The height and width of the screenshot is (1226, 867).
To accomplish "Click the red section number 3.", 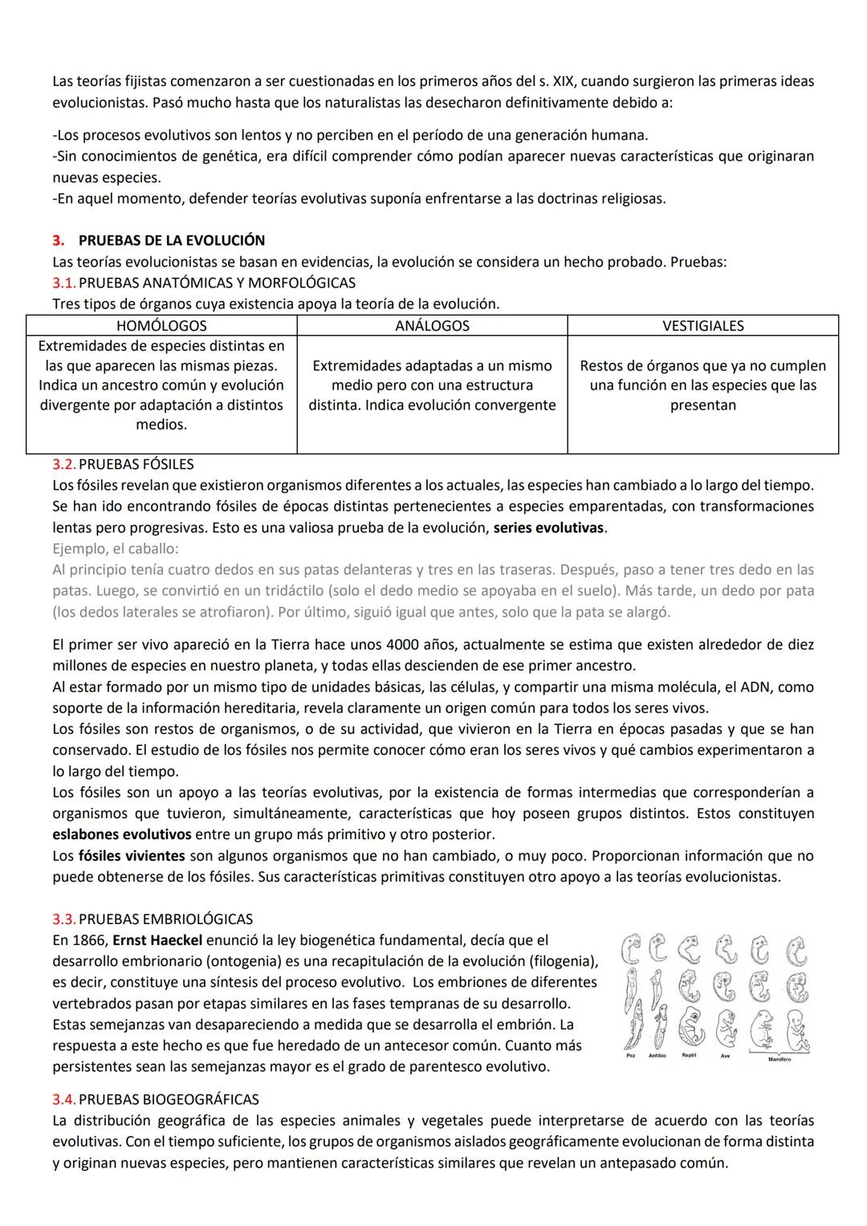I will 57,240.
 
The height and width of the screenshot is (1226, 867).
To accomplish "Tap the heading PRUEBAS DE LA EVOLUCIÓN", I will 171,240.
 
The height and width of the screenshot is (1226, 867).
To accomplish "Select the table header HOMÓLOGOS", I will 161,326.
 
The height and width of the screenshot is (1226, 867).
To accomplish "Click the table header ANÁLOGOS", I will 432,326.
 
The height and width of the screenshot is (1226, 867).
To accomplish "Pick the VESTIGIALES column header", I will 702,326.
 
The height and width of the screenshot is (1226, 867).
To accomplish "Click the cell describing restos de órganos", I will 702,385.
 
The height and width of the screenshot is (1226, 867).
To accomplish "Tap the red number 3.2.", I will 63,464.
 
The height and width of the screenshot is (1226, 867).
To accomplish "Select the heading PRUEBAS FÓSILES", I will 136,464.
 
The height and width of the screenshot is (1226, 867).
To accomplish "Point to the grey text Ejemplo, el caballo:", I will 116,548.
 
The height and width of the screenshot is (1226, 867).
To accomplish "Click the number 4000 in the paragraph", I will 404,645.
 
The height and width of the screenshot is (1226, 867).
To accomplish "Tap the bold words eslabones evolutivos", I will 122,834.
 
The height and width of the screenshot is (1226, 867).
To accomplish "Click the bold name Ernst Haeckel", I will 157,940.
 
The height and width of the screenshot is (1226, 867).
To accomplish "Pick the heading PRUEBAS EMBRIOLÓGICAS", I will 166,918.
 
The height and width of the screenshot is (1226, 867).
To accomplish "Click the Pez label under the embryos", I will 631,1055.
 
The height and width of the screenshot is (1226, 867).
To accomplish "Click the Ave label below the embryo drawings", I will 725,1056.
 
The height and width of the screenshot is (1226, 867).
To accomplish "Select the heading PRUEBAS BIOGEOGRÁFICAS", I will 169,1099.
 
